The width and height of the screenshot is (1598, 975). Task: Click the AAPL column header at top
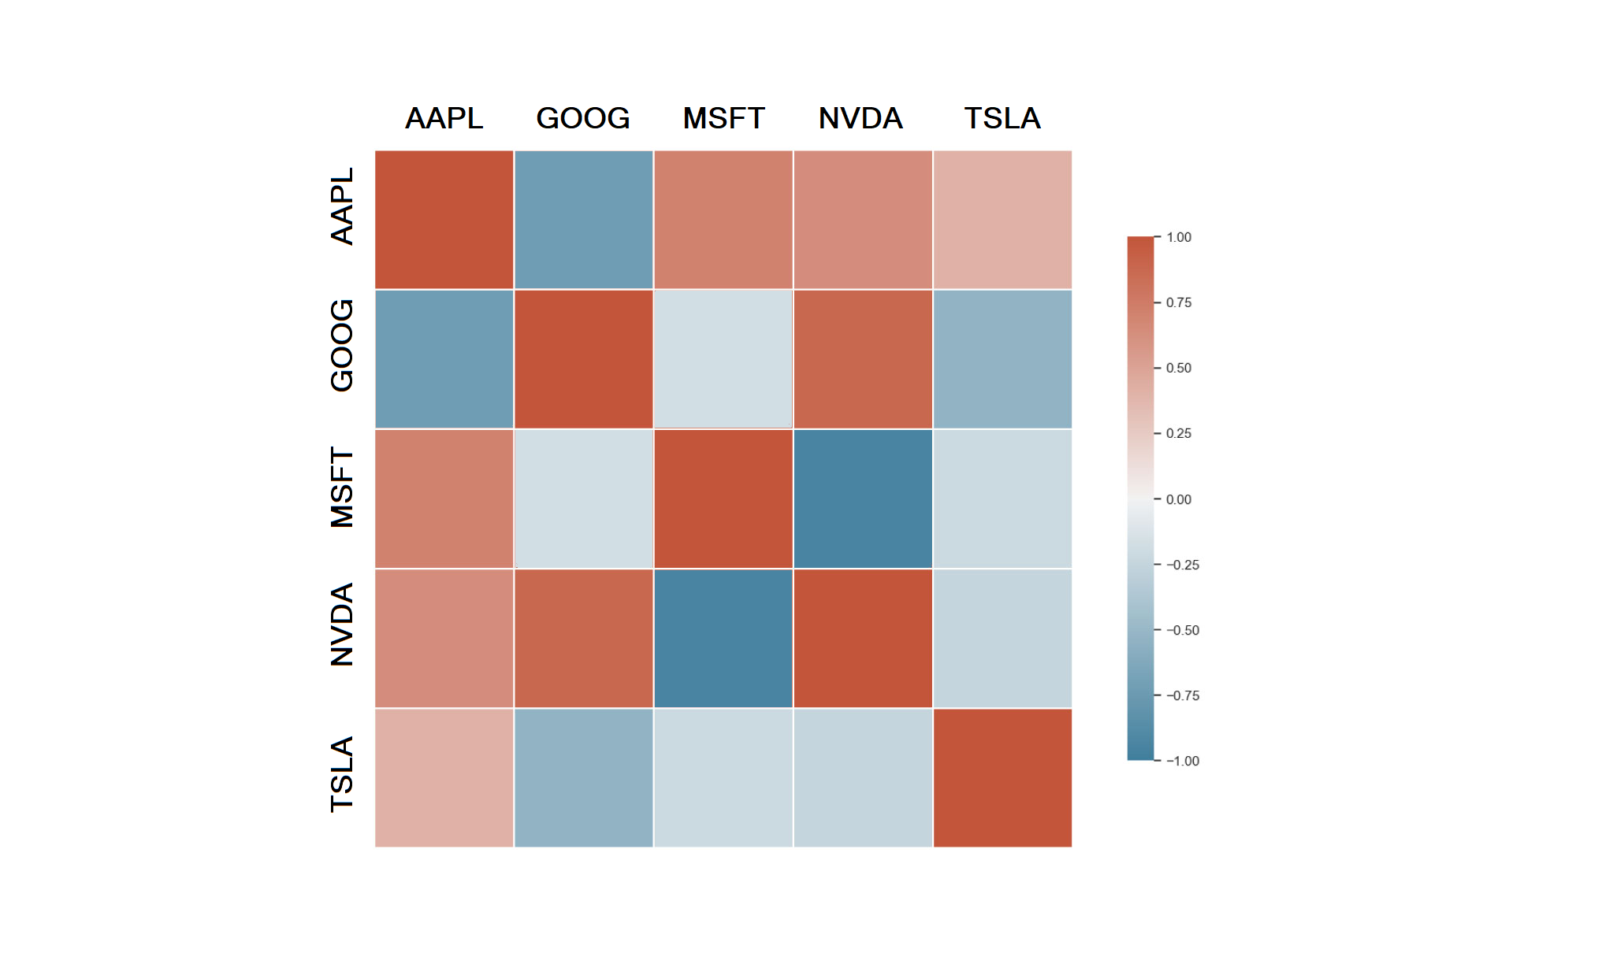pyautogui.click(x=444, y=118)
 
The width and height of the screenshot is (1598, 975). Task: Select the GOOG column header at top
pyautogui.click(x=583, y=118)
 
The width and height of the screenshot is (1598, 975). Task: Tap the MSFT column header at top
pyautogui.click(x=723, y=118)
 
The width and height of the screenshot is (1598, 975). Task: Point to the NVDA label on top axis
pyautogui.click(x=860, y=118)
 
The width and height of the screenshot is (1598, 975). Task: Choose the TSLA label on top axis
pyautogui.click(x=1002, y=118)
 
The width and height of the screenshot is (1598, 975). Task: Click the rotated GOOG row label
pyautogui.click(x=342, y=345)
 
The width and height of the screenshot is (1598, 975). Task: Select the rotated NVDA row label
pyautogui.click(x=342, y=625)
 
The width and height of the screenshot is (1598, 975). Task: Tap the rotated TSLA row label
pyautogui.click(x=342, y=774)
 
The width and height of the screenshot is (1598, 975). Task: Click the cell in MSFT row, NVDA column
pyautogui.click(x=863, y=499)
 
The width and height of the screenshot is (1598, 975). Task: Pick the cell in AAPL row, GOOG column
pyautogui.click(x=583, y=220)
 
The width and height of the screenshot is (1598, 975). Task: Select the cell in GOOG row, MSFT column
pyautogui.click(x=723, y=359)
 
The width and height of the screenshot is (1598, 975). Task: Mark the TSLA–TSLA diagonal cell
pyautogui.click(x=1002, y=778)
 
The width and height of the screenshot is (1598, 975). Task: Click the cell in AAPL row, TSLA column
pyautogui.click(x=1002, y=220)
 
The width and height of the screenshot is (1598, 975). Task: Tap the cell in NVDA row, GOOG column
pyautogui.click(x=583, y=638)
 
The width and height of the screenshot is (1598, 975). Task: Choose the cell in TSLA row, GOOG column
pyautogui.click(x=583, y=778)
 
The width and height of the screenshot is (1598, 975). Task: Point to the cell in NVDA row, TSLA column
pyautogui.click(x=1002, y=638)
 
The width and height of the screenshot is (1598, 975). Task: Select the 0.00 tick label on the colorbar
pyautogui.click(x=1179, y=499)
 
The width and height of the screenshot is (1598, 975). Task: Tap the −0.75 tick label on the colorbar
pyautogui.click(x=1183, y=695)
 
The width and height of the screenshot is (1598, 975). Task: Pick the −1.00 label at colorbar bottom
pyautogui.click(x=1183, y=761)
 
